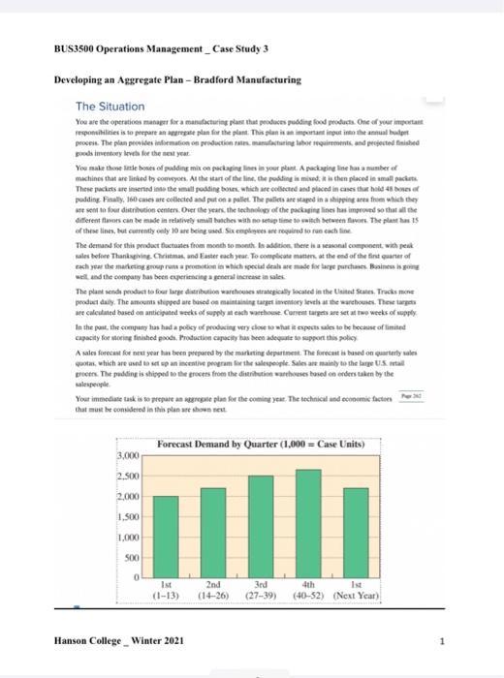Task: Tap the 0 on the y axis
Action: coord(139,580)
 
